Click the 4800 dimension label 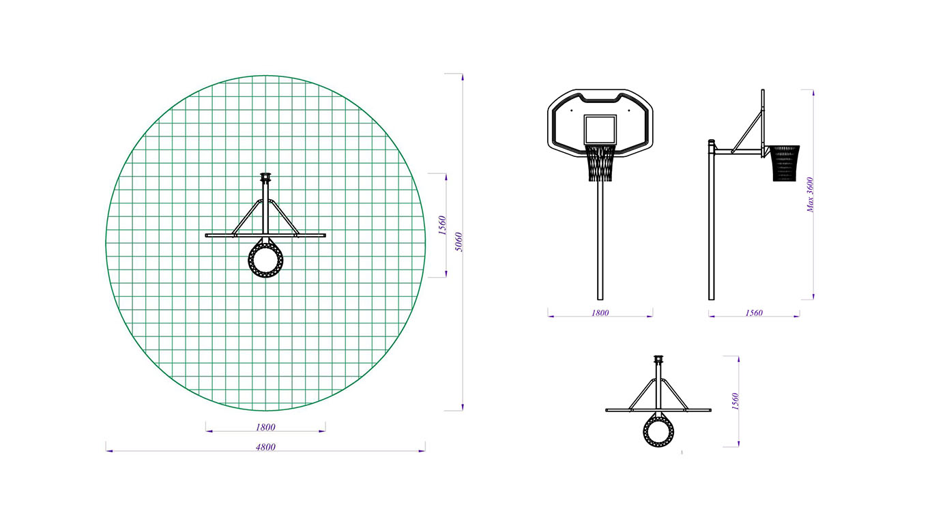tap(265, 448)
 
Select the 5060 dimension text tap(459, 242)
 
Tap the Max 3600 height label tap(811, 194)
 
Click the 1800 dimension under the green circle tap(265, 428)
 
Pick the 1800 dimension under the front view tap(600, 313)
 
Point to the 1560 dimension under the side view tap(754, 313)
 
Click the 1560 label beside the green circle tap(441, 225)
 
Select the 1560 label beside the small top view tap(735, 401)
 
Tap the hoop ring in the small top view tap(658, 430)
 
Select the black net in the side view tap(785, 164)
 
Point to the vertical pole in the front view tap(600, 239)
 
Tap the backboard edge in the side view tap(763, 116)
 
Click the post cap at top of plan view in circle tap(265, 177)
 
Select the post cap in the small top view tap(658, 360)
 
